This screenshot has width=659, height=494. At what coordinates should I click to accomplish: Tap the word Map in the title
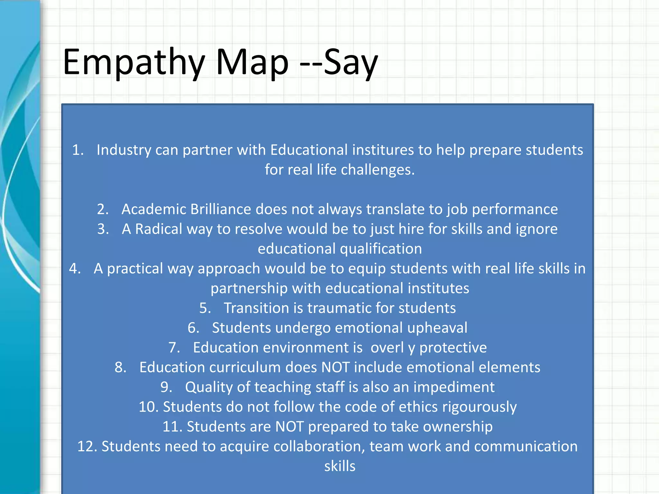click(252, 63)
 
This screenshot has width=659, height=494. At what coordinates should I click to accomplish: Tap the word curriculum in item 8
click(245, 367)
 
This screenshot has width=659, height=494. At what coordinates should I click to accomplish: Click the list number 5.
click(205, 308)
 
